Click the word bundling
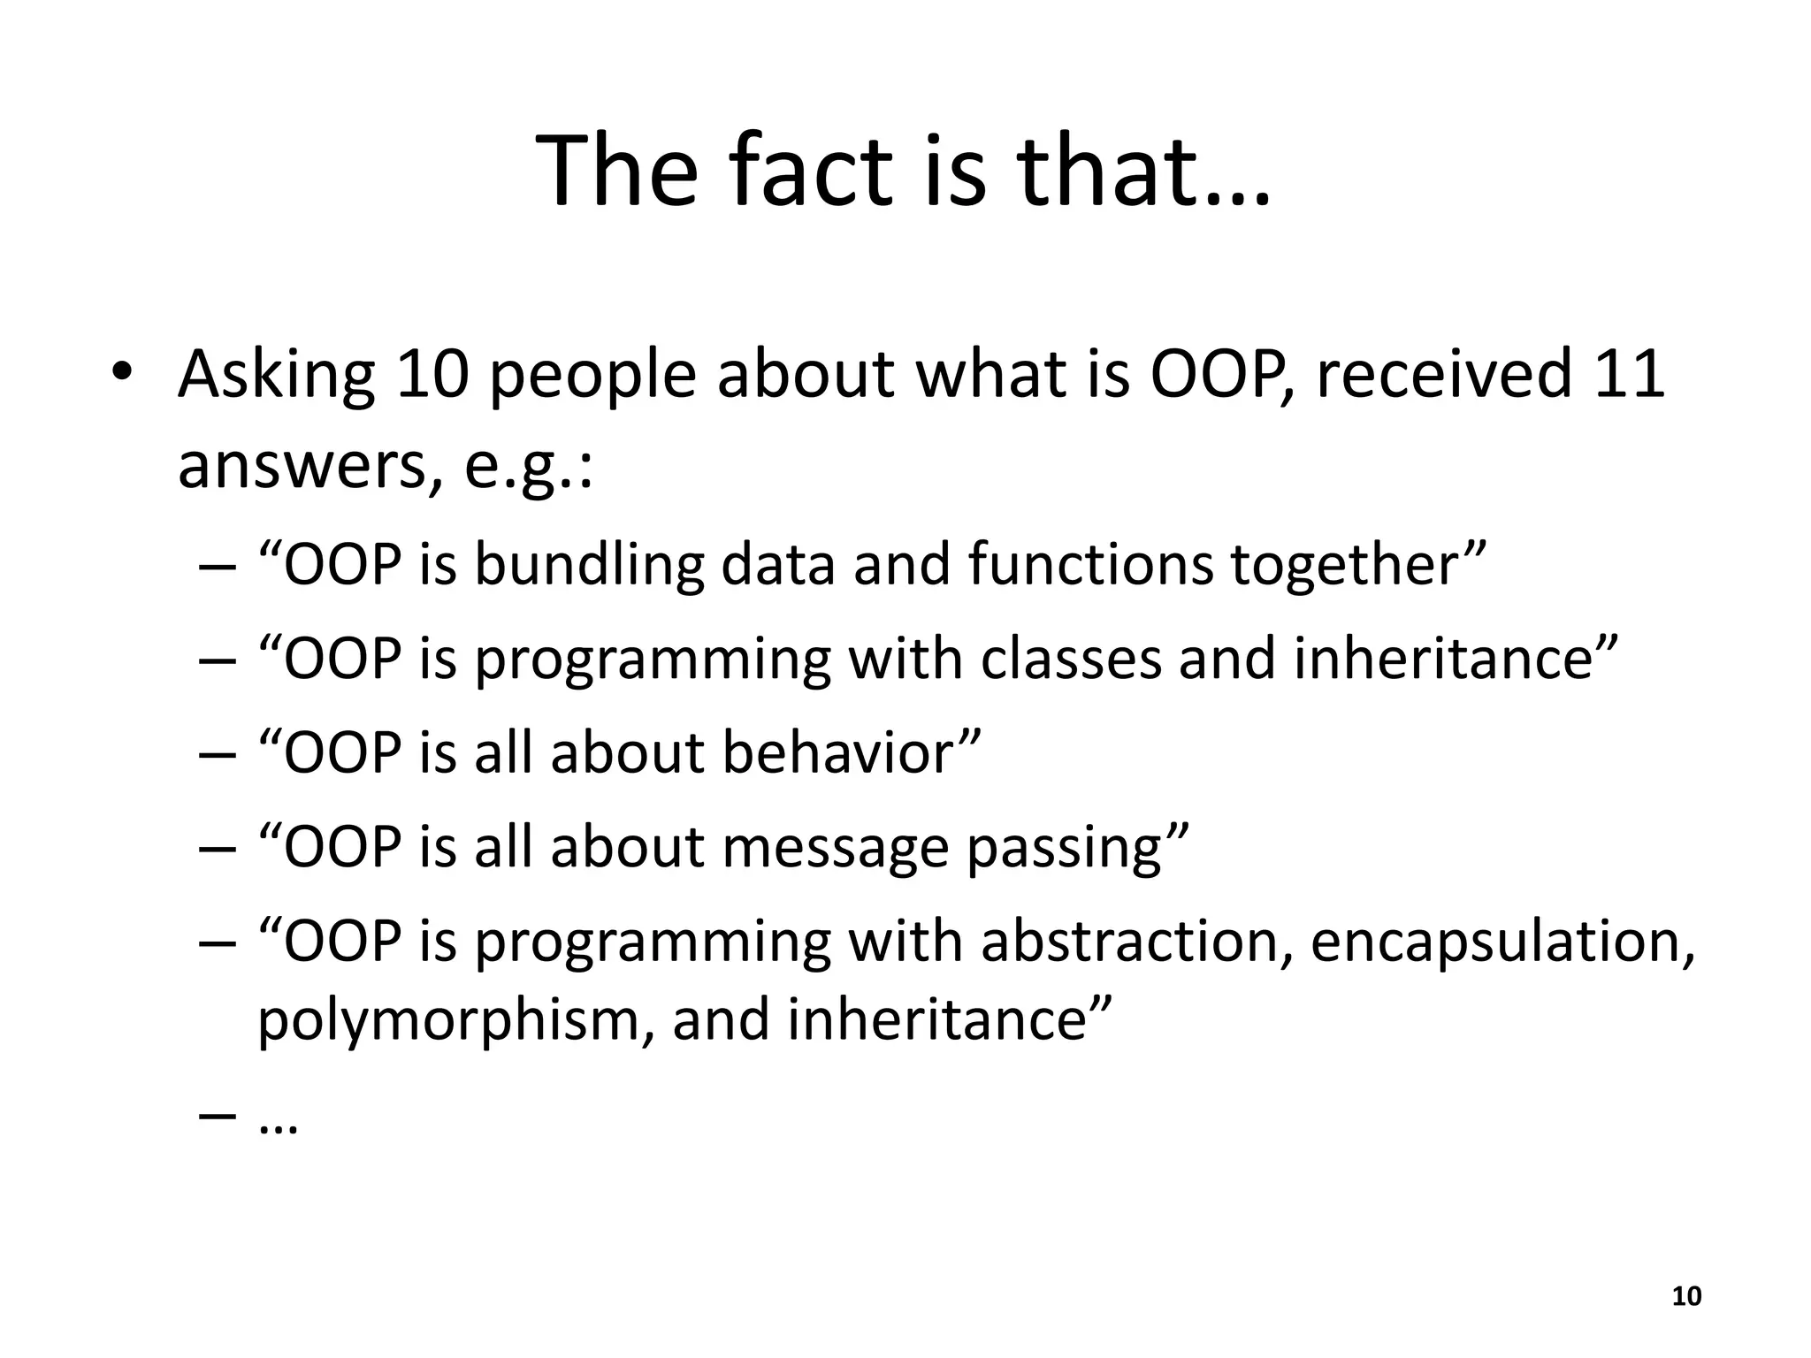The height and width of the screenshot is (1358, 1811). (x=589, y=565)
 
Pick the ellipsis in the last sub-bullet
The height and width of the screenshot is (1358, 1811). (x=279, y=1125)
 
